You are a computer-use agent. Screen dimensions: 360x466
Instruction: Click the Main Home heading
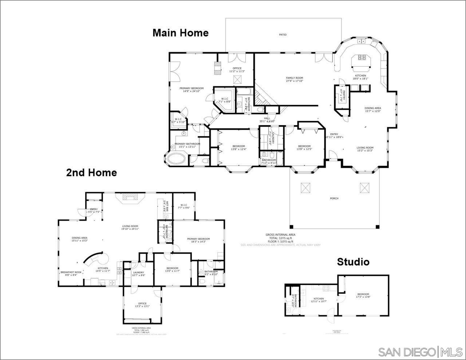(x=180, y=33)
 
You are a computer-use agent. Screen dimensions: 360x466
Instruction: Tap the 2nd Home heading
(x=91, y=173)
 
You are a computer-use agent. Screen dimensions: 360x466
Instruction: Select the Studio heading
(x=353, y=262)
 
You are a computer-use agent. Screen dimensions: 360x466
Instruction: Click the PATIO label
(x=283, y=35)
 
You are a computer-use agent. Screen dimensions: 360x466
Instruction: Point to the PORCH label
(x=334, y=198)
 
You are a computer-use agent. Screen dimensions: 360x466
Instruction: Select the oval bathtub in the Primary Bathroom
(x=177, y=159)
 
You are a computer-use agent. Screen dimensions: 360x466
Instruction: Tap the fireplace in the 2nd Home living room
(x=130, y=197)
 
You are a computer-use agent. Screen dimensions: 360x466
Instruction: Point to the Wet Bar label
(x=165, y=206)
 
